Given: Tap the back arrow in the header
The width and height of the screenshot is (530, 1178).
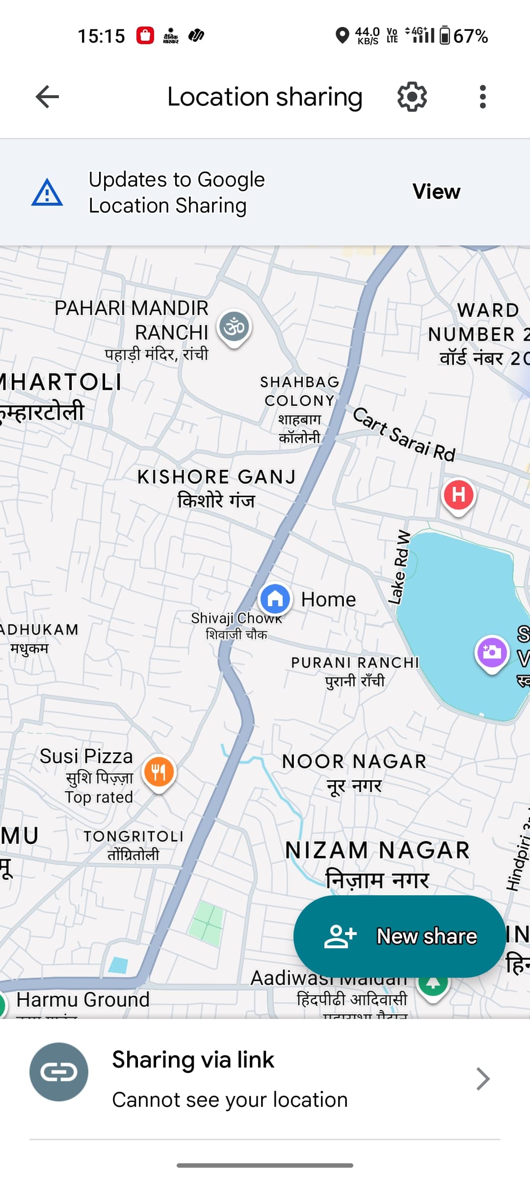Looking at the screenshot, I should point(47,97).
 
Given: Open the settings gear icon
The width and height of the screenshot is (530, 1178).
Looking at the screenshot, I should point(412,97).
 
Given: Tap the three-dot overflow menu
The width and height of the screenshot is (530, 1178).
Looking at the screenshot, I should point(483,97).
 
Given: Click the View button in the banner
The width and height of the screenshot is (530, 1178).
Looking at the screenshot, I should point(436,191).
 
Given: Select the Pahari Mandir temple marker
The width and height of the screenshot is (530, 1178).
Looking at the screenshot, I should point(235,327).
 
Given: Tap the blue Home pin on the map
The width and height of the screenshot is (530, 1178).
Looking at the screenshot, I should point(275,598).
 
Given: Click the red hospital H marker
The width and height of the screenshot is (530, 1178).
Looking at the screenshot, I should point(458,495).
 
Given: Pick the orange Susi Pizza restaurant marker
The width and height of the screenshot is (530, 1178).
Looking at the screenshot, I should point(159,773).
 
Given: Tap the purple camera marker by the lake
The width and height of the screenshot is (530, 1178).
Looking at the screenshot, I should point(492,652).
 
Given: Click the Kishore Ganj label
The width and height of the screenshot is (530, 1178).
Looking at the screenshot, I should point(216,487).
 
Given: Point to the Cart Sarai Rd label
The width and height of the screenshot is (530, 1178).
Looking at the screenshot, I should point(404,434).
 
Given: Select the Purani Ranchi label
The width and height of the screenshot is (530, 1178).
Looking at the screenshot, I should point(355,671).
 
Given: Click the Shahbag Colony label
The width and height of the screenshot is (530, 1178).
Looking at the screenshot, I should point(299,409).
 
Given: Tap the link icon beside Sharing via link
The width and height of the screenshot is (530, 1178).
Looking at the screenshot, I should point(59,1072).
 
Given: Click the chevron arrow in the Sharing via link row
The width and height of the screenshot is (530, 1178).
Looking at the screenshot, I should point(483,1079).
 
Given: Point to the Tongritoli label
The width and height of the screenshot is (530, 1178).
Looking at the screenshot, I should point(133,845).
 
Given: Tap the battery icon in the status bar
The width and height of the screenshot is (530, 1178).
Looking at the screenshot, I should point(445,35).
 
